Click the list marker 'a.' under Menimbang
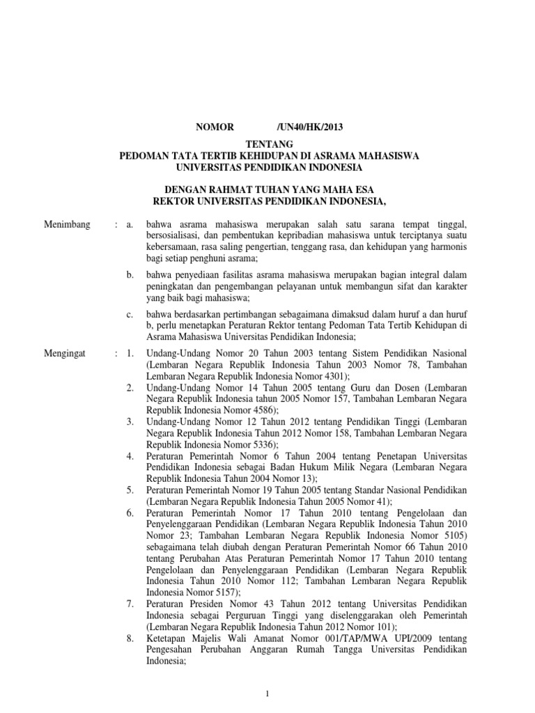point(129,225)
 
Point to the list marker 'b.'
point(130,275)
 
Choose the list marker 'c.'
point(130,315)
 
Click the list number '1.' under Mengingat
point(130,354)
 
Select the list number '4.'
point(130,455)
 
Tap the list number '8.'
point(130,636)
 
